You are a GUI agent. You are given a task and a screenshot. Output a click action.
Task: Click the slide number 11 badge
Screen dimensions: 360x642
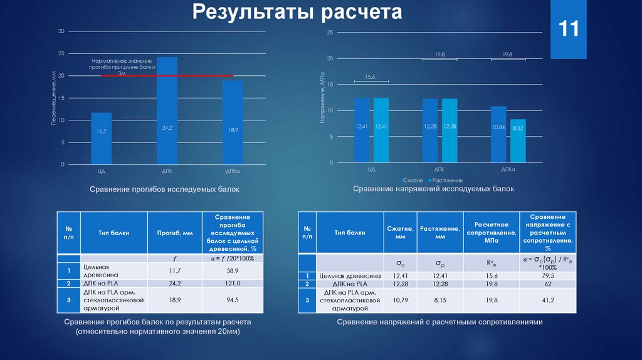point(569,29)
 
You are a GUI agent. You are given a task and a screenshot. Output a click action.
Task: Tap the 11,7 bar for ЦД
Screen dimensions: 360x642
point(101,139)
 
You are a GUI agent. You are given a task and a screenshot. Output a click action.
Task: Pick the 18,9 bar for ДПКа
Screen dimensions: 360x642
point(233,122)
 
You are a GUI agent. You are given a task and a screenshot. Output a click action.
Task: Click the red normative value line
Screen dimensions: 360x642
point(167,76)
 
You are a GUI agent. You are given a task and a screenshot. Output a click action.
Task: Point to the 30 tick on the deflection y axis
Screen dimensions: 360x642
point(61,31)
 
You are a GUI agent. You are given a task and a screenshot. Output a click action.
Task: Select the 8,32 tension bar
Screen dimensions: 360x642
point(518,141)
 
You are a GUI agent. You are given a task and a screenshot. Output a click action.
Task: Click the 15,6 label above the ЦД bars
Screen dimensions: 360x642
point(371,77)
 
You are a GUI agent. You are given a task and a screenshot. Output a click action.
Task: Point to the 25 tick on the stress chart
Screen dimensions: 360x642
point(329,32)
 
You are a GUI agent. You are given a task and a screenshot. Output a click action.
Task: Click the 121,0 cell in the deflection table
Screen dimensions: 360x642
point(233,283)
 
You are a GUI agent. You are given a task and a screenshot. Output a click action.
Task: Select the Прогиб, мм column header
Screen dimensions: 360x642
point(174,233)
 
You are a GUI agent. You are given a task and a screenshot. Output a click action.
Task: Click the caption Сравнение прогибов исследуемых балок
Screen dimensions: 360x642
point(164,189)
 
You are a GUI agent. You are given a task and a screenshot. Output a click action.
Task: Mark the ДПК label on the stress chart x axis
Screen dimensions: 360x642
point(439,169)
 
